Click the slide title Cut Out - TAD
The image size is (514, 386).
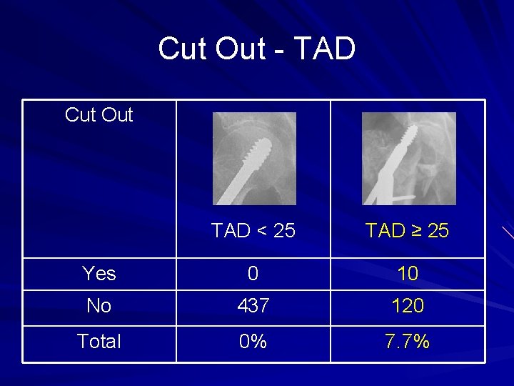pos(256,49)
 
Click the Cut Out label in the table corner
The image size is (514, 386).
pos(99,115)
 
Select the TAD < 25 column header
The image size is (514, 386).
pos(253,231)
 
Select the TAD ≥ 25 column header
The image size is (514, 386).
pos(407,231)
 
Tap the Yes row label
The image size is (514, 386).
pos(99,273)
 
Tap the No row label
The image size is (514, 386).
pos(99,306)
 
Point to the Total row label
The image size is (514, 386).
pos(99,342)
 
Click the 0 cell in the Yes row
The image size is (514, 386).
pos(253,273)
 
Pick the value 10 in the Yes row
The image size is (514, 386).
pos(408,273)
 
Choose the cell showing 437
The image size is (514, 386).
pos(253,306)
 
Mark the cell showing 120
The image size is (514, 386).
pos(408,306)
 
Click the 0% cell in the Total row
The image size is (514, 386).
pos(253,342)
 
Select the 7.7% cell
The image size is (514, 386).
pos(408,342)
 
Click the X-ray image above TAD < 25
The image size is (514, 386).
pos(253,159)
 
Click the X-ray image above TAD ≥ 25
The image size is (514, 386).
pos(408,159)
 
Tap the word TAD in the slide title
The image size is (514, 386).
pos(324,49)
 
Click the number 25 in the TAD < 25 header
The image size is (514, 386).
pos(284,231)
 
